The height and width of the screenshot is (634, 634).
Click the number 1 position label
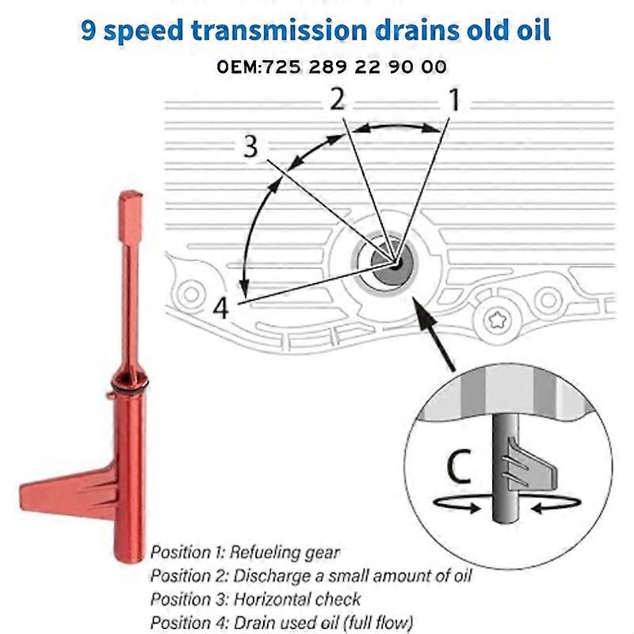tap(454, 101)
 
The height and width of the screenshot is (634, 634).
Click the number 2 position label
tap(337, 100)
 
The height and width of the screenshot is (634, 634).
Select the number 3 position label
tap(250, 147)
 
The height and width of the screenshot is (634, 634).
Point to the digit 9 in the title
tap(90, 31)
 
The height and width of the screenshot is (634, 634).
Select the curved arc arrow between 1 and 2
tap(395, 127)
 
